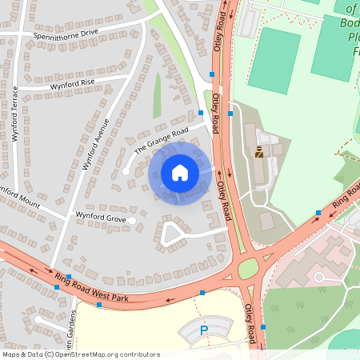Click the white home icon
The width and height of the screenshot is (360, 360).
click(180, 172)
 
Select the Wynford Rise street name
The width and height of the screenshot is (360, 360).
click(72, 82)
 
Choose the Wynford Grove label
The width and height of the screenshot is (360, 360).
click(101, 217)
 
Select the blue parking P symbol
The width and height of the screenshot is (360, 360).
click(204, 330)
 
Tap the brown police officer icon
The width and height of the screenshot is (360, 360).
click(259, 152)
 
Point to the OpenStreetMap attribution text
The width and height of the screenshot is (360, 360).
click(81, 354)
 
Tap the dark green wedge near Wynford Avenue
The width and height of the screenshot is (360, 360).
click(158, 94)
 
